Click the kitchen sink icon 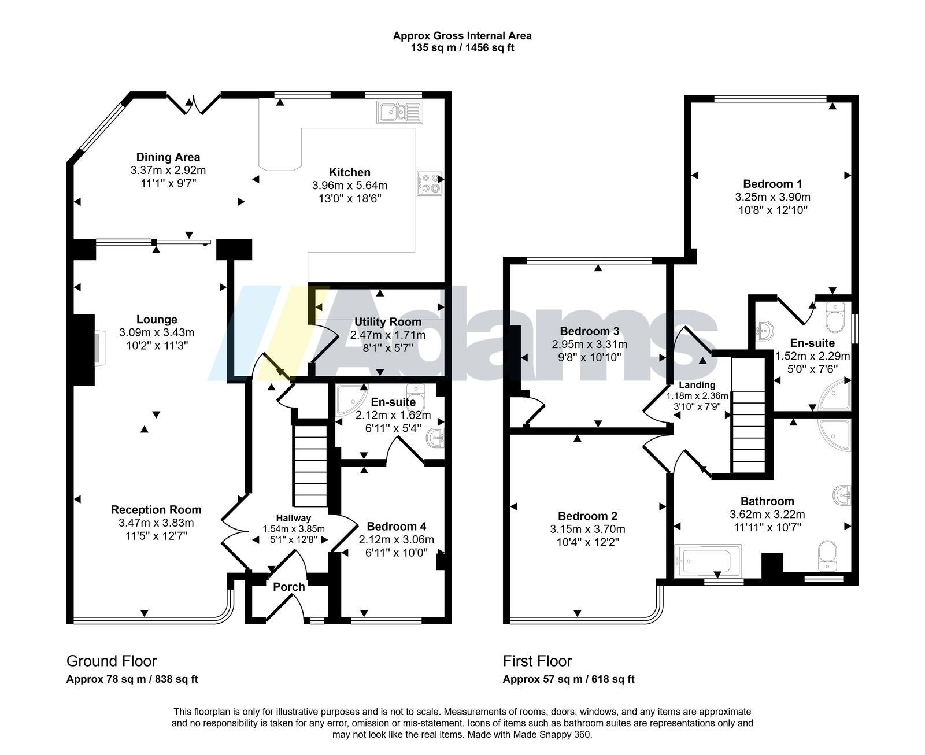coord(399,112)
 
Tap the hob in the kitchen coord(430,183)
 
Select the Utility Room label coord(388,322)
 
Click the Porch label coord(288,587)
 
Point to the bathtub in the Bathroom coord(708,560)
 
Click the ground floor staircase coord(310,466)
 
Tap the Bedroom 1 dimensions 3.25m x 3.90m coord(772,197)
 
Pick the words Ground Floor coord(112,661)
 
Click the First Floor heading coord(537,661)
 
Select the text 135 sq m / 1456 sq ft coord(462,47)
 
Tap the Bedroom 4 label coord(397,527)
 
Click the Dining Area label coord(168,157)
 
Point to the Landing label coord(697,385)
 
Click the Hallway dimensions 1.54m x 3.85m coord(294,529)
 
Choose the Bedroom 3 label coord(589,331)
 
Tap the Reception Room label coord(156,510)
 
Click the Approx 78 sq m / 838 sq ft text coord(132,679)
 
